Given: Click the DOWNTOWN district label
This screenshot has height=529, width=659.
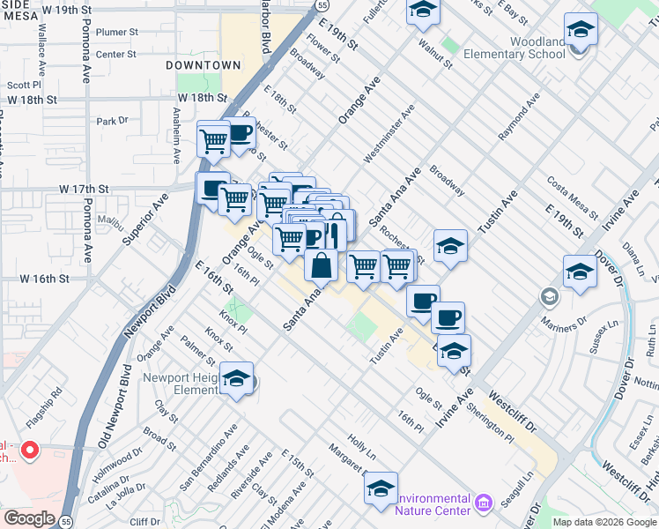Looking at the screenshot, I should click(x=204, y=66).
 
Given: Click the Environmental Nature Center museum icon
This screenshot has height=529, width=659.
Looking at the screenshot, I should click(x=483, y=503).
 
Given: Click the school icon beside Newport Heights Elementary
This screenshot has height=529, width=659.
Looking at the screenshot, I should click(x=237, y=380).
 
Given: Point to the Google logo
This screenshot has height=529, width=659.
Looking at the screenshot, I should click(x=29, y=518).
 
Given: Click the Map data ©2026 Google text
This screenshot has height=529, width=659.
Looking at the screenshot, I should click(x=604, y=522).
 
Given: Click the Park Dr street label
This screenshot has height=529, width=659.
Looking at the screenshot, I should click(x=112, y=121).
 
